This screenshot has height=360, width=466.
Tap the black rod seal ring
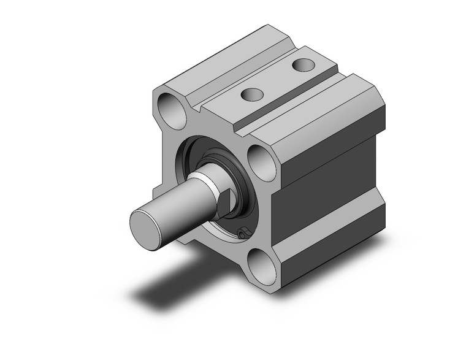(241, 184)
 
